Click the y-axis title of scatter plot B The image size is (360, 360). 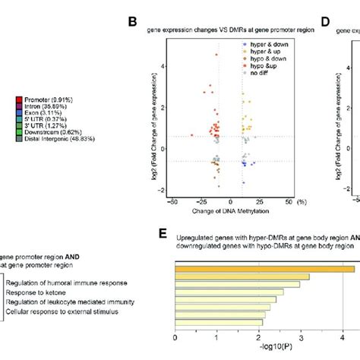(x=160, y=126)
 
